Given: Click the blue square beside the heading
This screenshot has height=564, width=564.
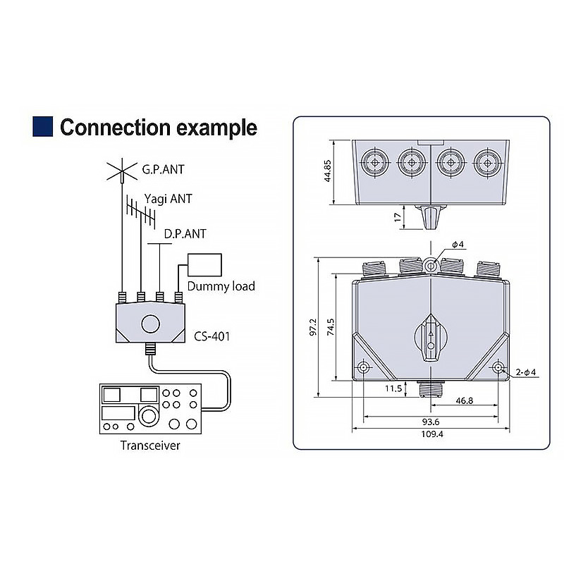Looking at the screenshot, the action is [42, 126].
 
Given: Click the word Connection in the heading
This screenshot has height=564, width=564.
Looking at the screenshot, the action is [115, 128].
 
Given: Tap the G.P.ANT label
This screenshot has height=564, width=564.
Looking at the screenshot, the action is [164, 169].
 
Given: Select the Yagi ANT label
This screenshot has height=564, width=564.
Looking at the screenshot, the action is [168, 199].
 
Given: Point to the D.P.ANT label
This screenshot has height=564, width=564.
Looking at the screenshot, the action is [185, 234].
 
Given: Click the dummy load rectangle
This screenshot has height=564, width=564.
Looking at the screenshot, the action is [204, 265].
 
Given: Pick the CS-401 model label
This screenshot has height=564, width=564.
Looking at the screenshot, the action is [211, 336].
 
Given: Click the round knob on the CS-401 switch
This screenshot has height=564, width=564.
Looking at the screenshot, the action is [150, 324].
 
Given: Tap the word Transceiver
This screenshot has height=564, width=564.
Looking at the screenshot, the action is [150, 446].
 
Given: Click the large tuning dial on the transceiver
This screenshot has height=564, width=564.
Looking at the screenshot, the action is [147, 415].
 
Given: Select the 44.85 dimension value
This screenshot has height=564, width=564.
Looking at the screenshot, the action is [327, 171].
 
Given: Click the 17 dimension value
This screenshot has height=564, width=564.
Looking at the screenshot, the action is [398, 217].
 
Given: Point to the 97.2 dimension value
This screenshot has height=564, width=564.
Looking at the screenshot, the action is [313, 327].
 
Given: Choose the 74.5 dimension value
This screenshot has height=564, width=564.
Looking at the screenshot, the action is [331, 327].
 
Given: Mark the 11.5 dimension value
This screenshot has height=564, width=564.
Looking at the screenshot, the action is [393, 388].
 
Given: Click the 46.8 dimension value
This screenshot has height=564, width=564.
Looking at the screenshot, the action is [465, 400].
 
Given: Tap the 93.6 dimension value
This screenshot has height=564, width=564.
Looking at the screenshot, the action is [431, 422].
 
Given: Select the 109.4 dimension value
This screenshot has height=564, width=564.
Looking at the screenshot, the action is [432, 434].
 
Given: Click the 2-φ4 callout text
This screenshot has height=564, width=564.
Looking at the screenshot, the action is [525, 372].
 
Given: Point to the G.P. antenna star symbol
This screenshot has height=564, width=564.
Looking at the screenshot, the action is [122, 171].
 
